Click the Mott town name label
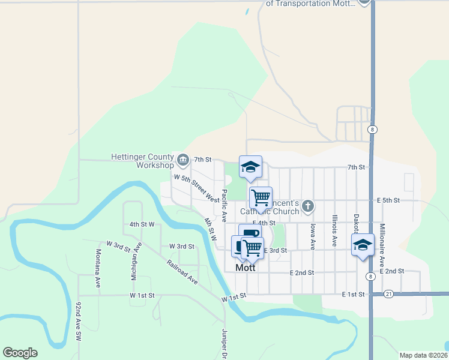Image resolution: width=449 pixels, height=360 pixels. pyautogui.click(x=245, y=268)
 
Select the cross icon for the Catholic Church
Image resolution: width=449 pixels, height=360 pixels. pyautogui.click(x=307, y=206)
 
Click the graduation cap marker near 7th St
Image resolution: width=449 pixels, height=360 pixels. pyautogui.click(x=250, y=167)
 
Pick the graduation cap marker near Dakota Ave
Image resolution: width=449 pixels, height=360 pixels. pyautogui.click(x=363, y=245)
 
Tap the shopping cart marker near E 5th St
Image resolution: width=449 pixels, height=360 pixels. pyautogui.click(x=261, y=197)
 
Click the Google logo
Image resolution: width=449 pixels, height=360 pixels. pyautogui.click(x=20, y=353)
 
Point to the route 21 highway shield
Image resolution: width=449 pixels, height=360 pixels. pyautogui.click(x=389, y=294)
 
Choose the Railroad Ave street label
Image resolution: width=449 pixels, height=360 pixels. pyautogui.click(x=182, y=272)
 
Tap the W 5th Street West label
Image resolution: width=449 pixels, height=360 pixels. pyautogui.click(x=196, y=188)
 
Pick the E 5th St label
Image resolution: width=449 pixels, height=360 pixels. pyautogui.click(x=388, y=200)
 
